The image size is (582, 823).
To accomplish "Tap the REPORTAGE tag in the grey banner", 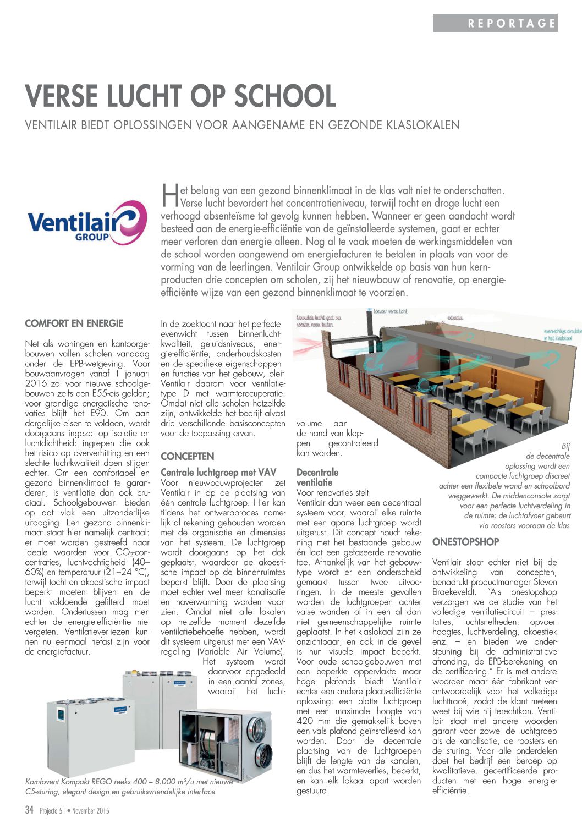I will [512, 23].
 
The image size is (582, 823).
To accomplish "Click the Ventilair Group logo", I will [87, 223].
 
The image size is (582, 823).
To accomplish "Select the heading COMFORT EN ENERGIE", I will [74, 323].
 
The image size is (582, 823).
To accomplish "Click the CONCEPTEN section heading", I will [188, 456].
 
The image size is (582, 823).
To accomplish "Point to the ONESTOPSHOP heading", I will [465, 542].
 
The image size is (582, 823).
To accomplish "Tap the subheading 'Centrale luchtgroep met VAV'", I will [218, 472].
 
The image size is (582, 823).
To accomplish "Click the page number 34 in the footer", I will [30, 810].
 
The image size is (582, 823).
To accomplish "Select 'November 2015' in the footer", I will [90, 811].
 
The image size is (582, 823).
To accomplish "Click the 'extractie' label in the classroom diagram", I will [455, 318].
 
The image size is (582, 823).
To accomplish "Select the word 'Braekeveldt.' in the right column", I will [454, 592].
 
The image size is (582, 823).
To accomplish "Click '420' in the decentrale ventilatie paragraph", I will [305, 721].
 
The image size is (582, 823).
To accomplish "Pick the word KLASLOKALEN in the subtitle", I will [419, 125].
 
